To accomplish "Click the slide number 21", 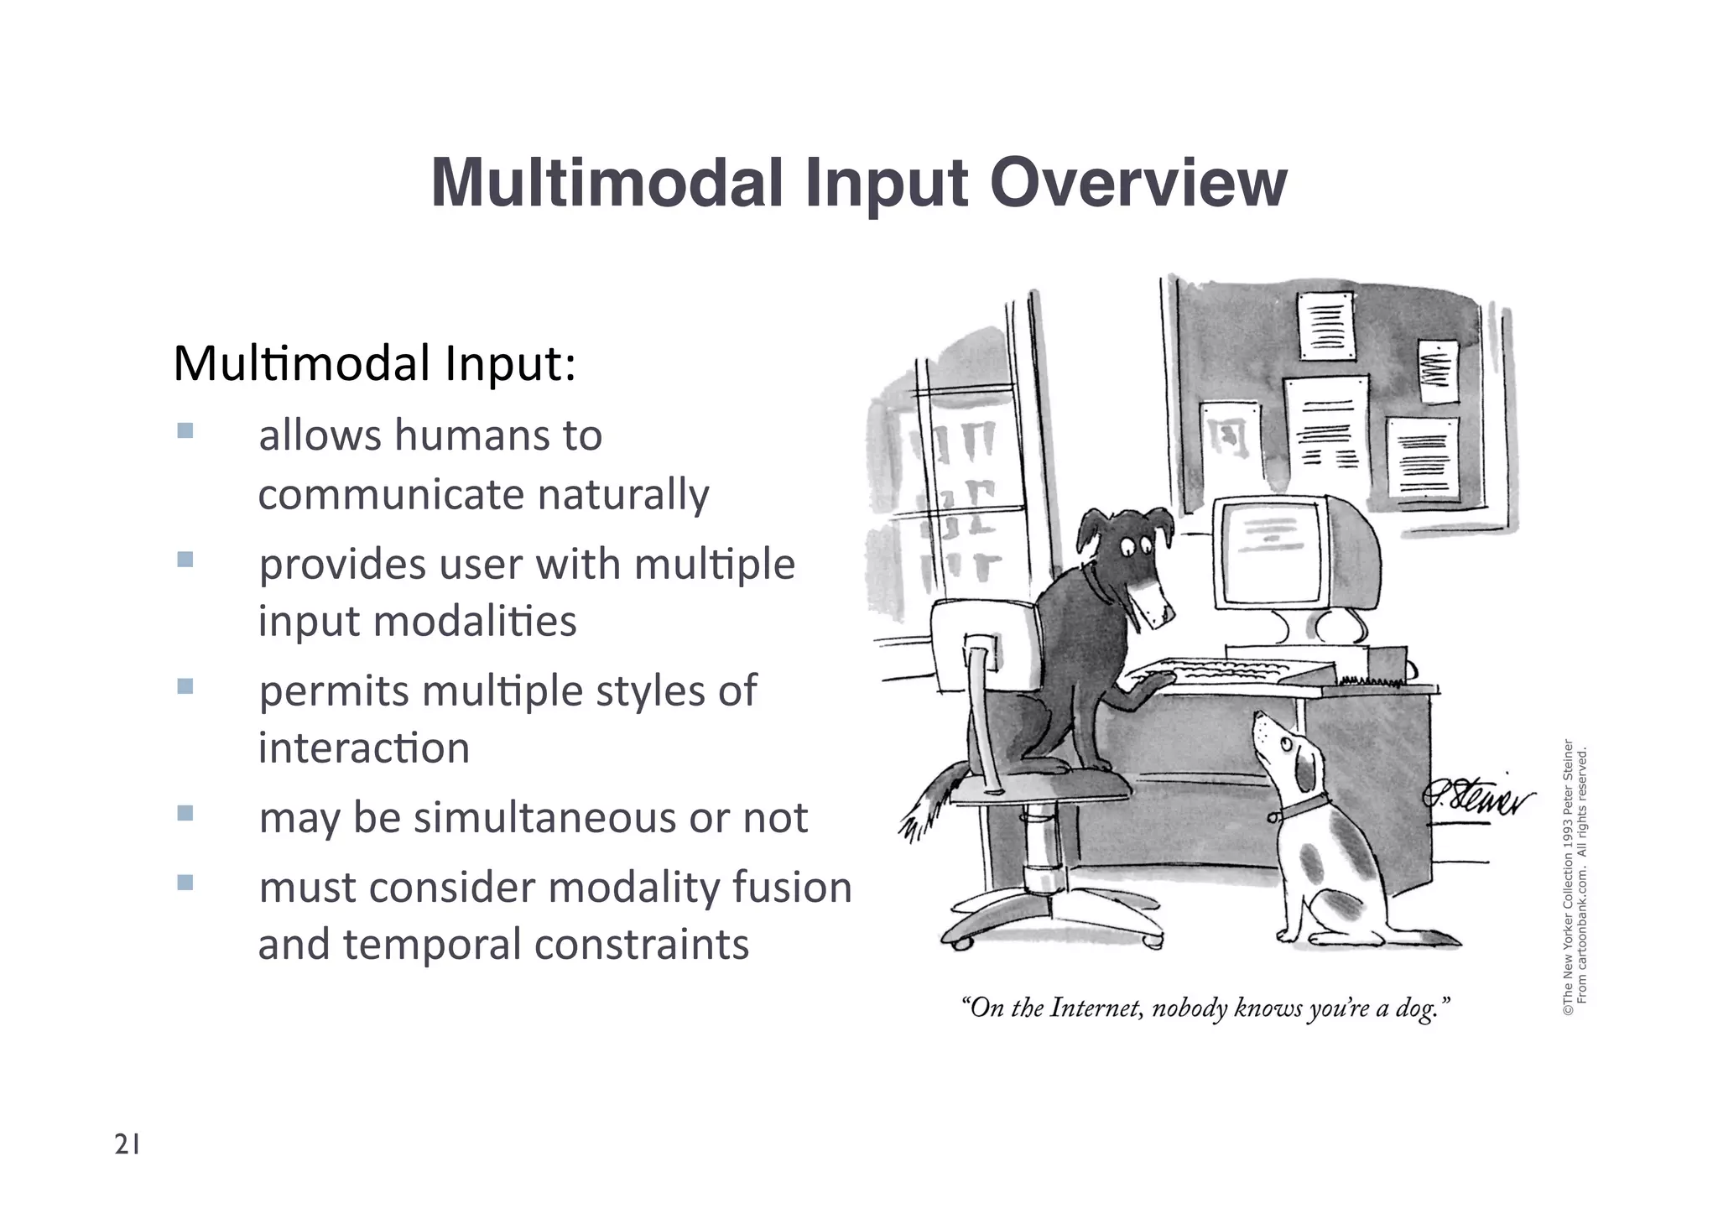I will [127, 1144].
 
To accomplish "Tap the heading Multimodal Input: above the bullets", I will [374, 363].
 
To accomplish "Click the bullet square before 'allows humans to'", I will [185, 431].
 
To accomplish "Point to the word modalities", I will [475, 622].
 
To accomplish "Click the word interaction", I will [363, 748].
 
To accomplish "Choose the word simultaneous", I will [544, 818].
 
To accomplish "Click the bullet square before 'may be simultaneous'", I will [185, 813].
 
